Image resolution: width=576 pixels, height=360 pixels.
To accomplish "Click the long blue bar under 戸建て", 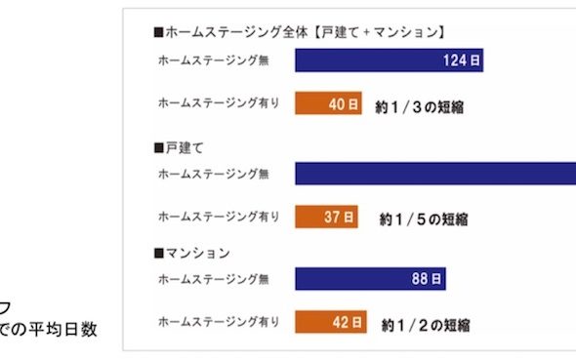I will tap(434, 174).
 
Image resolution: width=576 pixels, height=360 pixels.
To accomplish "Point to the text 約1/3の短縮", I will tap(418, 104).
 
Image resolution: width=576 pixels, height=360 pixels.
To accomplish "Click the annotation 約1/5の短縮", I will tap(424, 219).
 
